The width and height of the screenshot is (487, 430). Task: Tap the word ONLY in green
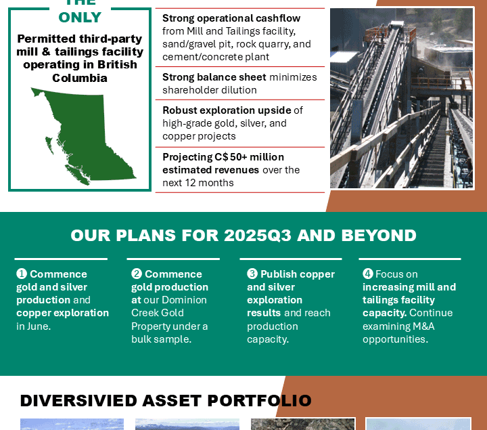point(80,18)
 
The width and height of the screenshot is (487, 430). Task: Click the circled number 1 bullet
point(22,274)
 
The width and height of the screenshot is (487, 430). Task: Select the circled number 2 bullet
point(137,274)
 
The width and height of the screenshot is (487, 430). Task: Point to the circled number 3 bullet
point(252,274)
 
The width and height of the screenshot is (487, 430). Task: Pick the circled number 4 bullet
point(368,274)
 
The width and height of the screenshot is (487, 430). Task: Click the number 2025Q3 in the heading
point(258,236)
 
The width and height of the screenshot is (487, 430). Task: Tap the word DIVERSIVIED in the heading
point(78,400)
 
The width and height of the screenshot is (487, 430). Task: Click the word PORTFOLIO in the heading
point(260,400)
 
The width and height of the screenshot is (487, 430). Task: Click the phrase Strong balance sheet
point(214,77)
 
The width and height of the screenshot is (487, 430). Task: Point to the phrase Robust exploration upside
point(227,110)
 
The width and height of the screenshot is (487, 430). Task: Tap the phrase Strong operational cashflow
point(231,18)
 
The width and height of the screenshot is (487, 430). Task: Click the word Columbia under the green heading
point(80,78)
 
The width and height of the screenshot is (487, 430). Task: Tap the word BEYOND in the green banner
point(379,236)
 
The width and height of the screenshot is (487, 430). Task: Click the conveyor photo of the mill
point(402,98)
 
